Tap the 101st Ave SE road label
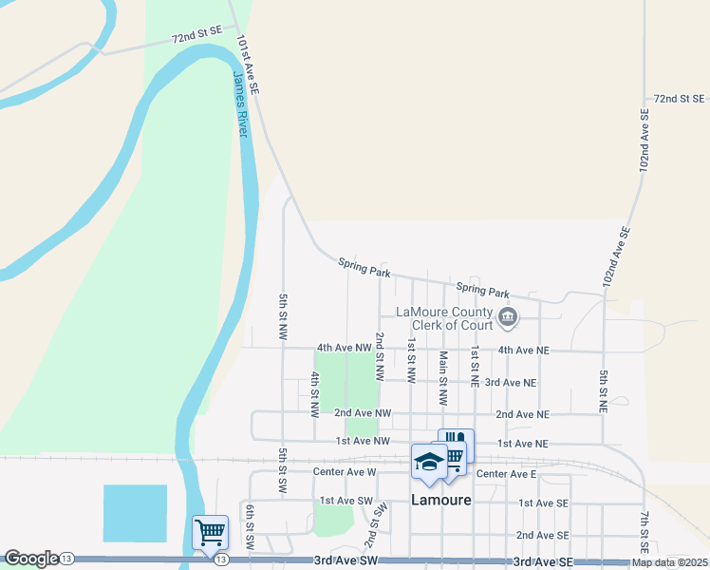(x=249, y=65)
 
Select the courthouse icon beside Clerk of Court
(x=507, y=316)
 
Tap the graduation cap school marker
(x=429, y=462)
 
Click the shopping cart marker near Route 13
(x=209, y=531)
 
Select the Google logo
(x=31, y=559)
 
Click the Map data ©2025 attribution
(x=669, y=562)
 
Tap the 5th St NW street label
(x=283, y=317)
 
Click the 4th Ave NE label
(x=524, y=350)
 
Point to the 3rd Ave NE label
(x=511, y=382)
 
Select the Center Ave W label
(x=345, y=471)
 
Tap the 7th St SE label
(x=644, y=532)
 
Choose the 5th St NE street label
(x=604, y=389)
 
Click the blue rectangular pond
(x=135, y=513)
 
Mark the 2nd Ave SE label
(x=543, y=535)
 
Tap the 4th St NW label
(x=314, y=395)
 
